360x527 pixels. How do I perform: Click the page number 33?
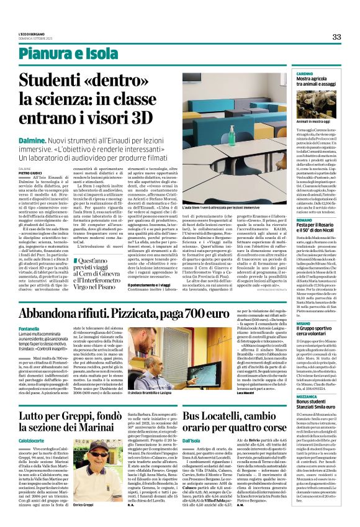pyautogui.click(x=336, y=37)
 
